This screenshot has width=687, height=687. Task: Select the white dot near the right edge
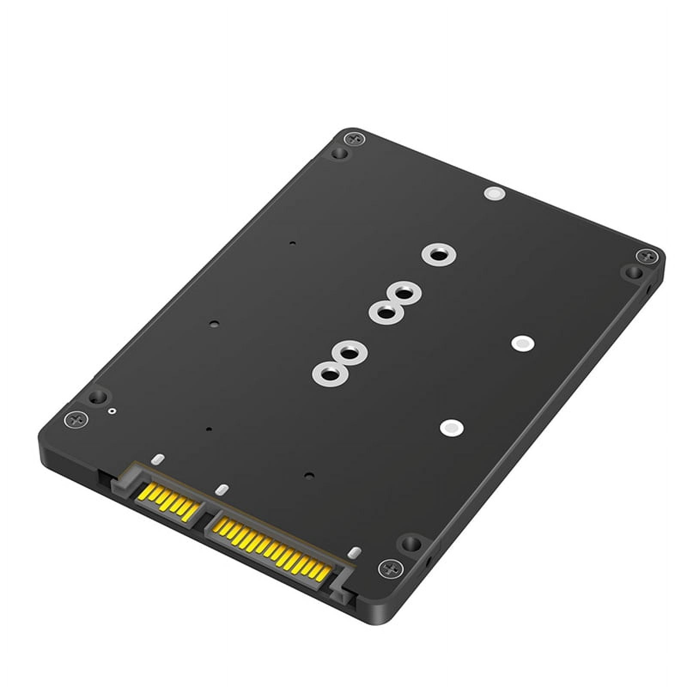click(522, 343)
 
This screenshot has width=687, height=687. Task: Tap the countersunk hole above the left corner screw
click(98, 397)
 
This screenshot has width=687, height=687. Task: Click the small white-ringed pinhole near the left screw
click(112, 411)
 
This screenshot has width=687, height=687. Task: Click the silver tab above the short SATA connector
click(158, 459)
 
